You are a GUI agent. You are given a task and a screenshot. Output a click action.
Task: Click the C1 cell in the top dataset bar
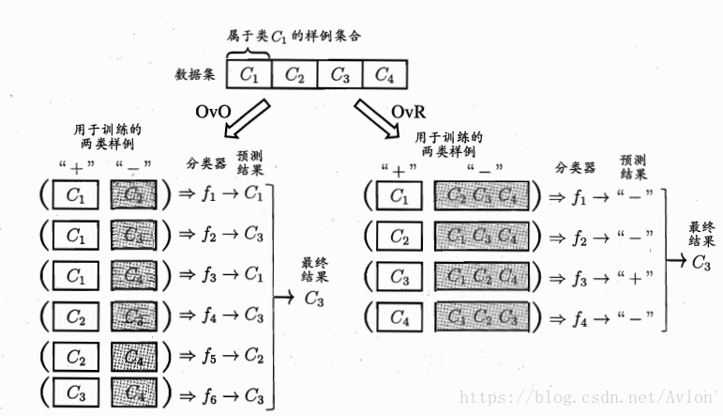(x=249, y=74)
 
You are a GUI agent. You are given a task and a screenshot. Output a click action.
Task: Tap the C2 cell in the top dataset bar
(x=294, y=74)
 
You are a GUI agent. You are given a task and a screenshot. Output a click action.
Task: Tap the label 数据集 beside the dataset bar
(x=195, y=73)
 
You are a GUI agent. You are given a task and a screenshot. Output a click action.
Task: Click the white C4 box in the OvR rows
(x=399, y=320)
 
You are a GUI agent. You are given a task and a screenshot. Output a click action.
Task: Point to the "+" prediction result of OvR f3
(x=634, y=280)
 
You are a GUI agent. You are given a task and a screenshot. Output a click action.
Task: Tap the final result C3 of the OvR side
(x=700, y=262)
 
